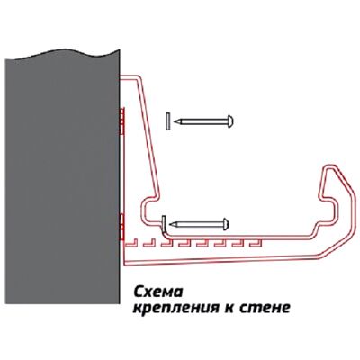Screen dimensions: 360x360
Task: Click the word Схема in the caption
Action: click(x=158, y=292)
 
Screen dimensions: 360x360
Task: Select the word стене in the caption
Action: click(x=265, y=308)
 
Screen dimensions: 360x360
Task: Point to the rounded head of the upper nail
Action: click(x=230, y=121)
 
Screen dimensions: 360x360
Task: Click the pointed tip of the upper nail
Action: click(x=175, y=121)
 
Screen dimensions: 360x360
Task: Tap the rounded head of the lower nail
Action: click(x=226, y=224)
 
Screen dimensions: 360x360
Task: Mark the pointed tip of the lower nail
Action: click(x=170, y=224)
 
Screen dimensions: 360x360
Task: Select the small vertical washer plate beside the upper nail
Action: click(x=168, y=121)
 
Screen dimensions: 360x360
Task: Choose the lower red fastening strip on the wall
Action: click(x=121, y=227)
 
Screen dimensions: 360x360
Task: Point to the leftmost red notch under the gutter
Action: click(x=131, y=243)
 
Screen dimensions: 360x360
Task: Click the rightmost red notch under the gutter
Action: click(x=256, y=243)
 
